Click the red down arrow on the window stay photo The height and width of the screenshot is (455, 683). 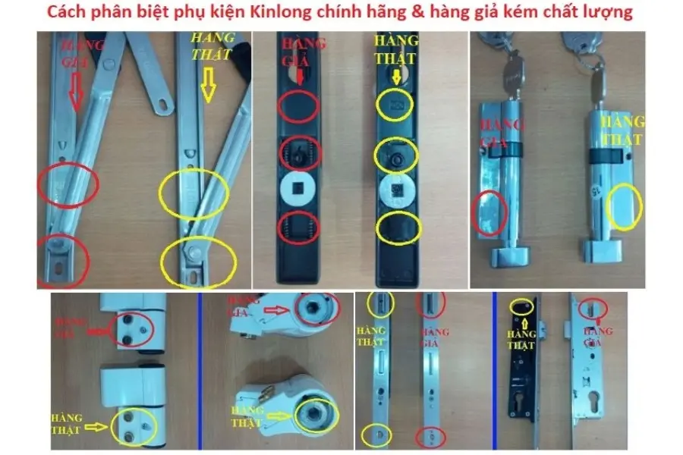[75, 96]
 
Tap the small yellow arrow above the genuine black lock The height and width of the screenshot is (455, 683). [395, 76]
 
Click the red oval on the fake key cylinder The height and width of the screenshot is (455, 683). [489, 212]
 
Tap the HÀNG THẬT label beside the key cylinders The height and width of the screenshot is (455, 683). [620, 130]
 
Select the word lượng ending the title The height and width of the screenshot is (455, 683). [611, 14]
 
